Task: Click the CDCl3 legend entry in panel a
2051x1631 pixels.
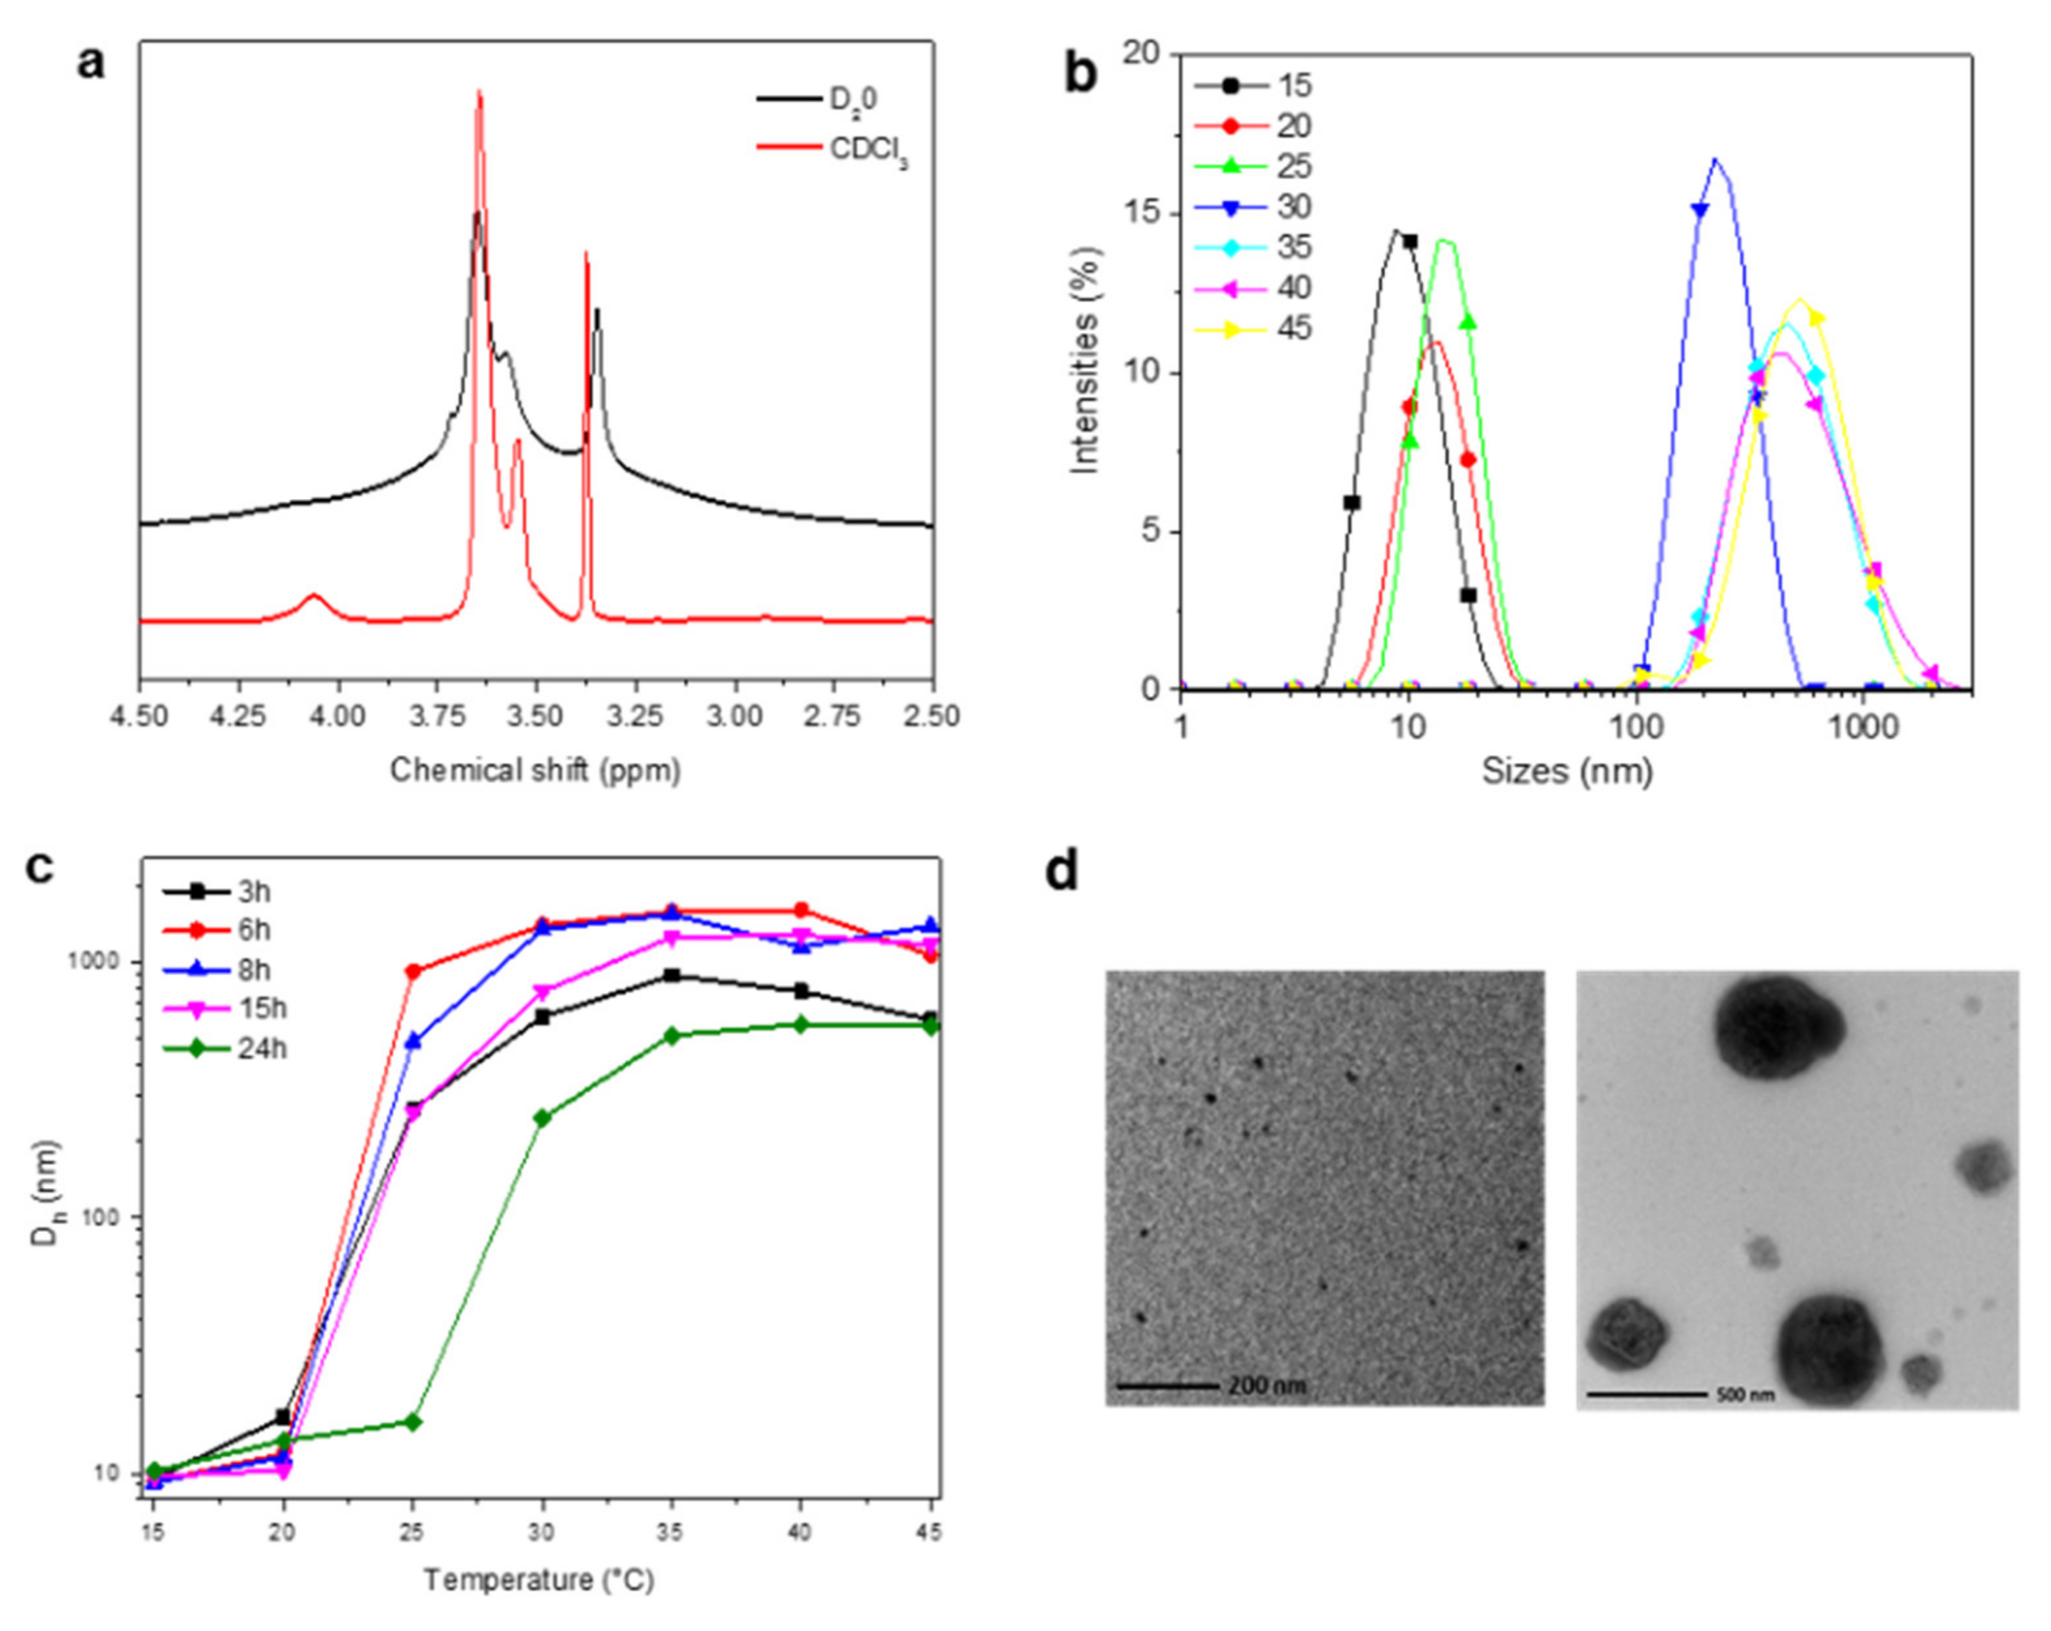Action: click(868, 152)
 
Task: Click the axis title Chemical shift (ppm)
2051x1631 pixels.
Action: click(536, 769)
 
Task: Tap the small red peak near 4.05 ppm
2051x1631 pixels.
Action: click(314, 597)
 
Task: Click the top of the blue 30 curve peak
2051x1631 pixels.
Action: click(1715, 160)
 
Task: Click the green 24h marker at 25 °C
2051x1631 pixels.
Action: click(413, 1422)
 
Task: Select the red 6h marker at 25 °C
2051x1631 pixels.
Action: click(413, 971)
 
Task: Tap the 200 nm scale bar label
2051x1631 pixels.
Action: click(1266, 1386)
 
